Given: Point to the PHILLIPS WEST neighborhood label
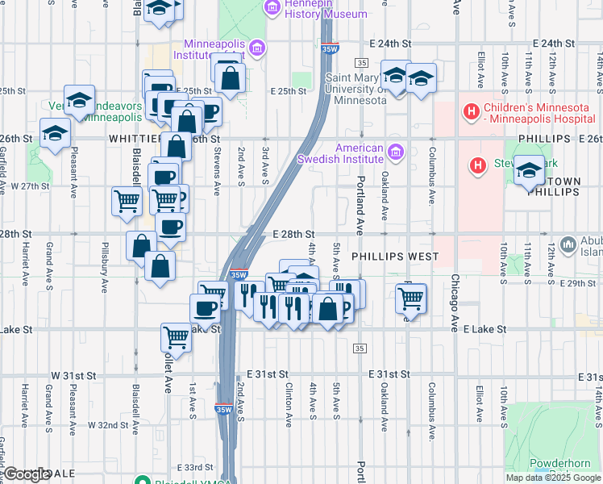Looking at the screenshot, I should [395, 257].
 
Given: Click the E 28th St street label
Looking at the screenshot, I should [297, 233].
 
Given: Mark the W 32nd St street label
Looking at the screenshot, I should [107, 424].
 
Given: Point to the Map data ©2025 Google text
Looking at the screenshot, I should [552, 478].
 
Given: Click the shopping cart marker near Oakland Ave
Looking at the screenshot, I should [411, 298].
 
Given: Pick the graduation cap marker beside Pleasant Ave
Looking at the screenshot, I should [53, 134].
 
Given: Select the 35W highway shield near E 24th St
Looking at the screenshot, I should [329, 48].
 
